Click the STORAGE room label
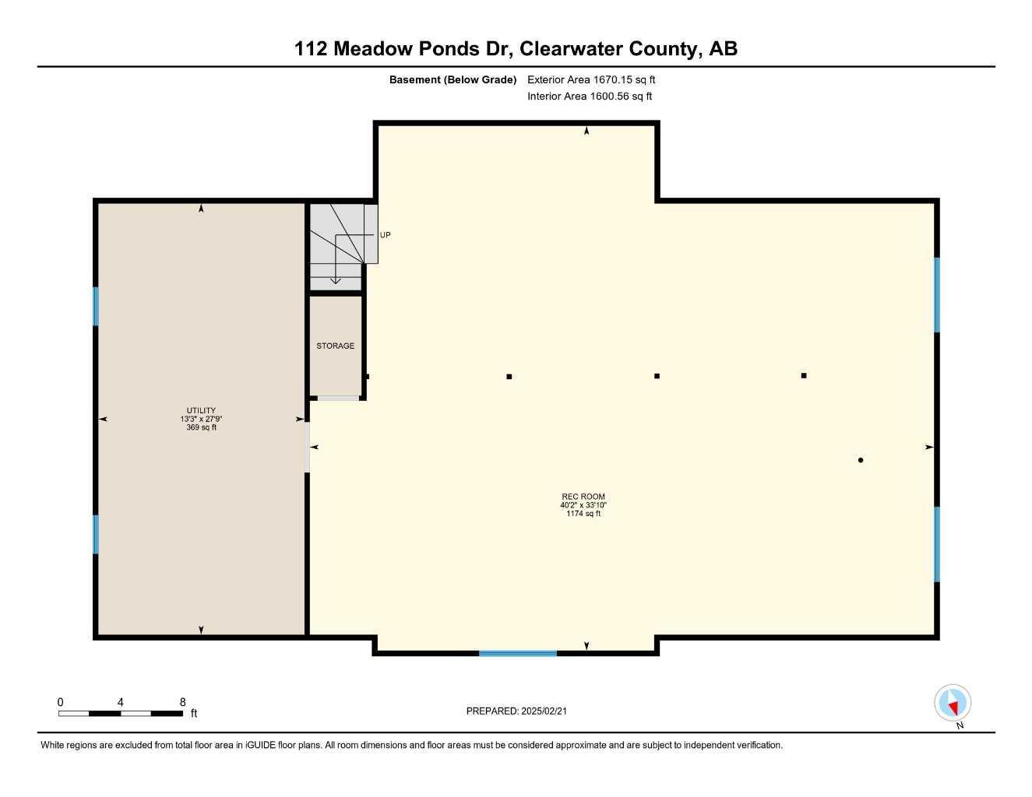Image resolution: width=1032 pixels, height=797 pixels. click(x=335, y=346)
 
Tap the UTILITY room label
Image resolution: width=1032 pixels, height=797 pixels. click(x=201, y=410)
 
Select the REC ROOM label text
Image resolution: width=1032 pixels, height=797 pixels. click(x=583, y=497)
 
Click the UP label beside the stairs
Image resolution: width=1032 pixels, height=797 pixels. click(x=386, y=235)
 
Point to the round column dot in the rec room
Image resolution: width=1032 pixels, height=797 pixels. click(x=861, y=460)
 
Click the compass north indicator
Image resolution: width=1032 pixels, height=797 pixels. click(x=953, y=703)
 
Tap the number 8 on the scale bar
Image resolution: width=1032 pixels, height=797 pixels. click(x=183, y=702)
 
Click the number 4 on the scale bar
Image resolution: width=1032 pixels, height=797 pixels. click(x=120, y=702)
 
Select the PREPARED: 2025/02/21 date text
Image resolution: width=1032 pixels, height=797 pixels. click(x=516, y=711)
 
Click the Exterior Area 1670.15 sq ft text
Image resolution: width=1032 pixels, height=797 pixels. click(x=591, y=79)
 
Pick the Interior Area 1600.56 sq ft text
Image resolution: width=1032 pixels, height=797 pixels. click(x=590, y=97)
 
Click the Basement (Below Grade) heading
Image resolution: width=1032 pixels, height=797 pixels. click(x=453, y=79)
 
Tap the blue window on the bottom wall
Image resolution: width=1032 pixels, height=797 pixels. click(x=518, y=653)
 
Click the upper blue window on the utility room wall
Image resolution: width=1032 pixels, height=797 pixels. click(x=96, y=307)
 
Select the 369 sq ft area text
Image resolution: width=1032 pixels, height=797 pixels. click(x=202, y=427)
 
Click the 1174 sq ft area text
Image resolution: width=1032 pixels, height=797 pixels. click(x=583, y=514)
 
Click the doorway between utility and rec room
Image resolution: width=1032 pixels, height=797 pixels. click(x=308, y=448)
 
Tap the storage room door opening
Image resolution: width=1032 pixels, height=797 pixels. click(x=338, y=398)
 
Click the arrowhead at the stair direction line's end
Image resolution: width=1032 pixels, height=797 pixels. click(x=335, y=281)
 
